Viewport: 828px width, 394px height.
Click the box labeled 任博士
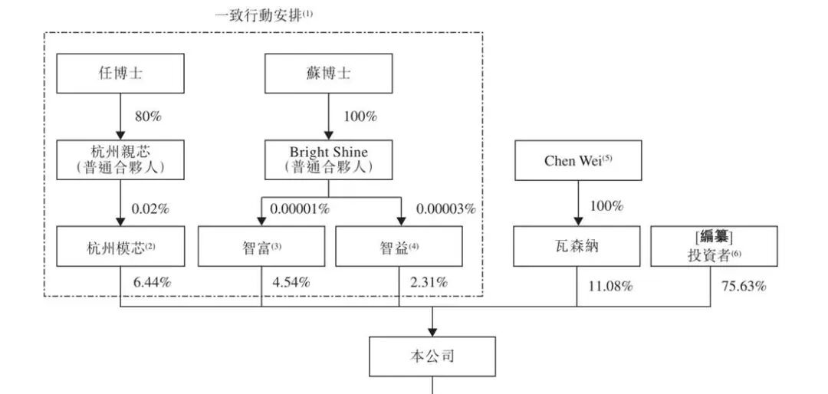tap(120, 74)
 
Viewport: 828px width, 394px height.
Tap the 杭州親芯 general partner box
tap(120, 159)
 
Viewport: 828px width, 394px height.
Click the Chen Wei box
tap(577, 160)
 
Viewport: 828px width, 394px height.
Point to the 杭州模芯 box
tap(120, 247)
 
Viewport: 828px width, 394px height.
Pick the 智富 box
tap(261, 247)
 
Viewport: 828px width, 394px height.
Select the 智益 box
tap(399, 247)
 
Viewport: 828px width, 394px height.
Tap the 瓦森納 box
tap(577, 247)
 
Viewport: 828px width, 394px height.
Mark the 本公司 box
tap(433, 356)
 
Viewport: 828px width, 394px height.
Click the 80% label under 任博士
tap(147, 117)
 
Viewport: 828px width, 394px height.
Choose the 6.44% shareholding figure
tap(152, 283)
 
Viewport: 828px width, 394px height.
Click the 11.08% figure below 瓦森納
tap(610, 287)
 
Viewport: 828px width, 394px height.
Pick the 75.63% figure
tap(744, 287)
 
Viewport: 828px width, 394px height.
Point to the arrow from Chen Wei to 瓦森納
tap(577, 203)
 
